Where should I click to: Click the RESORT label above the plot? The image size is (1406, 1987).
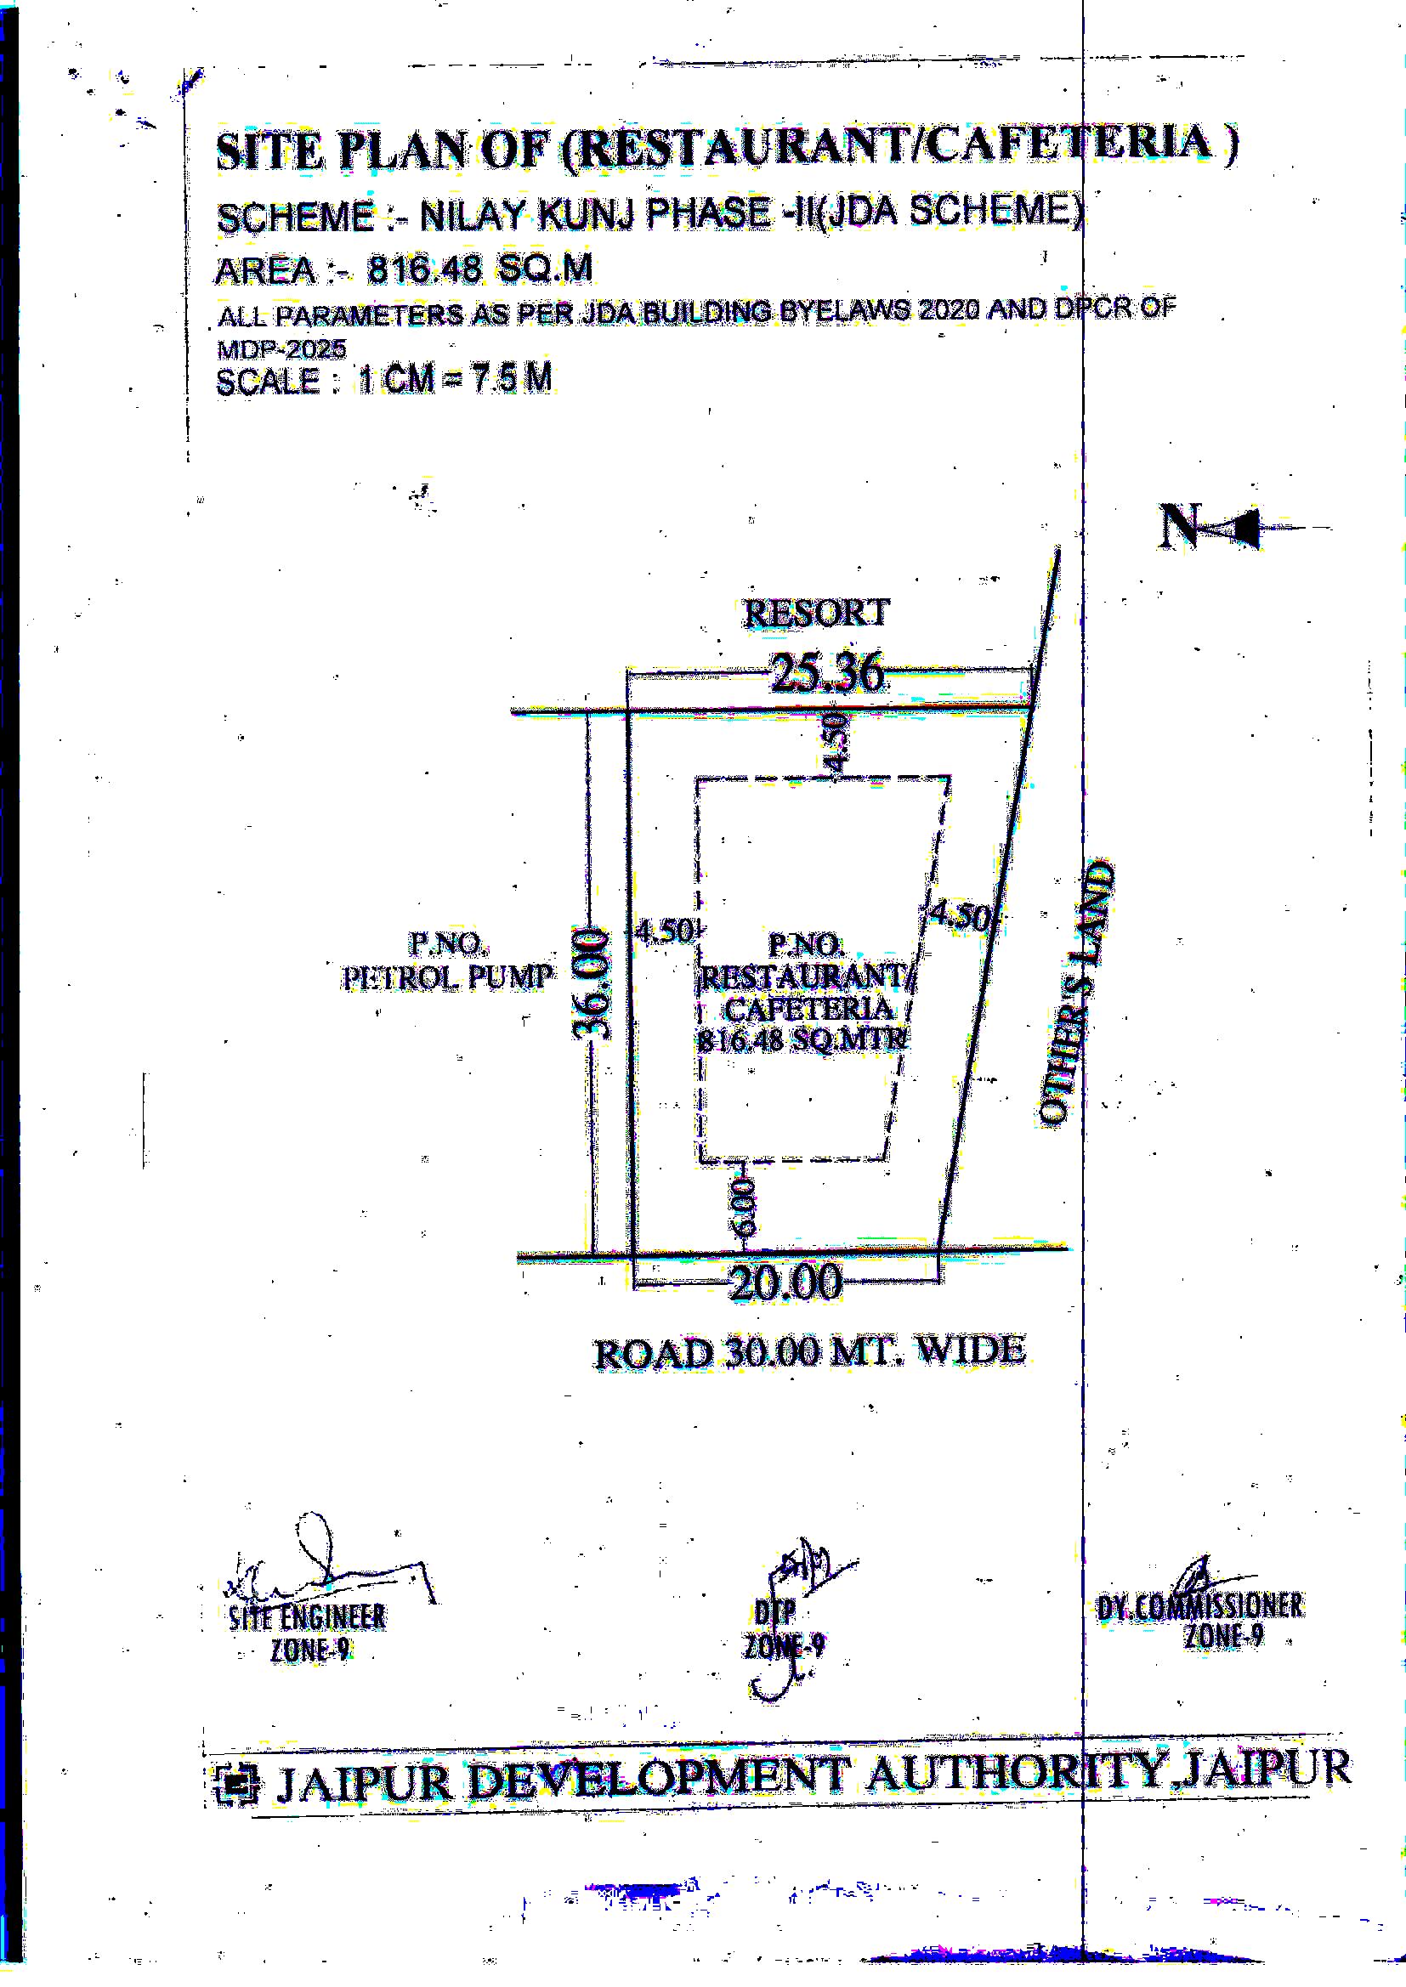pos(815,613)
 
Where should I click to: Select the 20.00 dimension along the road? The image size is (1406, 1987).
pos(785,1282)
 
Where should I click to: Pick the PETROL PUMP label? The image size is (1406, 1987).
pos(448,977)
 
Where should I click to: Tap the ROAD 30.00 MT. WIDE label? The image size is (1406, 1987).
pos(808,1352)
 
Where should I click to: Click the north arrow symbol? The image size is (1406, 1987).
pos(1212,526)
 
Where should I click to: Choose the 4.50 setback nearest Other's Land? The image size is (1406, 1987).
pos(959,916)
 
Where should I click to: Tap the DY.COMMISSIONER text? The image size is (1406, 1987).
pos(1199,1606)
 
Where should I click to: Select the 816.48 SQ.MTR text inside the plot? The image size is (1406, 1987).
pos(802,1039)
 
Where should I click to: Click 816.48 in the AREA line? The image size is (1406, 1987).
pos(424,270)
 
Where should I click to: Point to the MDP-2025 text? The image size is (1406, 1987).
pos(281,348)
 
